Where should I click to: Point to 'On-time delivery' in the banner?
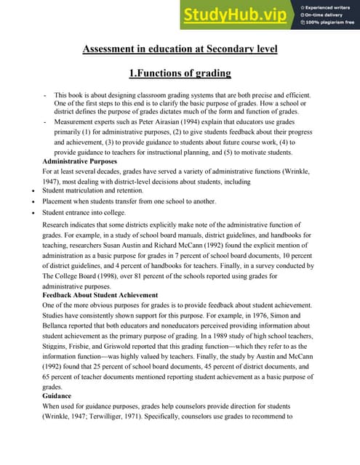[323, 14]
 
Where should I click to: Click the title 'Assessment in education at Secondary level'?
[180, 49]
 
